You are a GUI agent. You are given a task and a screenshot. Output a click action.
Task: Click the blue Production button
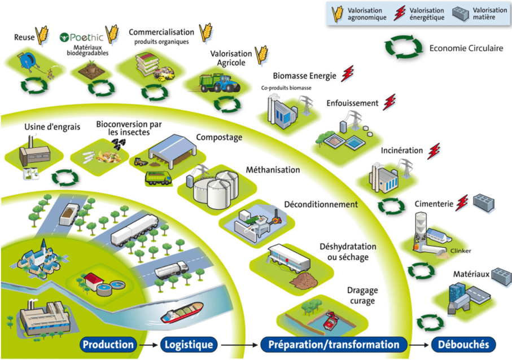(108, 344)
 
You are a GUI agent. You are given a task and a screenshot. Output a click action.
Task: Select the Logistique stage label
(189, 344)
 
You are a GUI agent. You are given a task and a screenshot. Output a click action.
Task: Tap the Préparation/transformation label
(334, 344)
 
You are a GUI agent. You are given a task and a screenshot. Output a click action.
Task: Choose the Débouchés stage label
(463, 344)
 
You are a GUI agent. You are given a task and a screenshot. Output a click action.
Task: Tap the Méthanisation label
(273, 169)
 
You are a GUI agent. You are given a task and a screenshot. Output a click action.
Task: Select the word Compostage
(219, 137)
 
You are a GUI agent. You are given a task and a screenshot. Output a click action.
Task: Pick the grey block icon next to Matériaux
(501, 275)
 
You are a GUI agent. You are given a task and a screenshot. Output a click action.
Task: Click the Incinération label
(401, 151)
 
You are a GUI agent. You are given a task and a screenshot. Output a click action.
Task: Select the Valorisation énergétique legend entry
(419, 14)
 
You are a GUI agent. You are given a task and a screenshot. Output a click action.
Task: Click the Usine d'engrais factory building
(32, 155)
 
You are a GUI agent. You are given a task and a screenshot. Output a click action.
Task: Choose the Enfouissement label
(352, 103)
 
